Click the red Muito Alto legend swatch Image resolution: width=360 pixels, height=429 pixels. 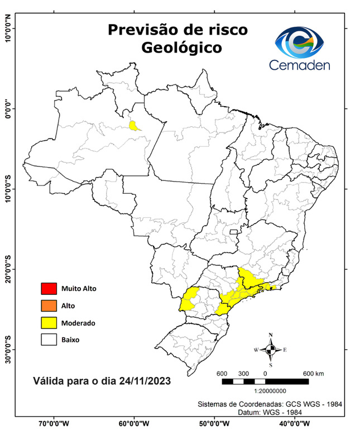[x=49, y=289]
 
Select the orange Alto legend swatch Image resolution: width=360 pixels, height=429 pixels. [x=49, y=306]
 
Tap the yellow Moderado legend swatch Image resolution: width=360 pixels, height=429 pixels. [x=49, y=322]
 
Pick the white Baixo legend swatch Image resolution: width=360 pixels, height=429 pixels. [x=49, y=339]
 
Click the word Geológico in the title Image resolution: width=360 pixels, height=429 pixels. [x=181, y=47]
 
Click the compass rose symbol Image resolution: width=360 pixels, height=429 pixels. [x=271, y=350]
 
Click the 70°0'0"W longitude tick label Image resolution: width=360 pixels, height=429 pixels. [x=54, y=423]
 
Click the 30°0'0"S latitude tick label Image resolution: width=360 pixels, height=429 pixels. [x=8, y=349]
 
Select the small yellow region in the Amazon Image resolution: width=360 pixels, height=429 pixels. [x=134, y=125]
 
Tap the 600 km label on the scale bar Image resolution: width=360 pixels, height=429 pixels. [x=313, y=373]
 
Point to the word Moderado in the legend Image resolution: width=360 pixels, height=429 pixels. [x=78, y=323]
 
